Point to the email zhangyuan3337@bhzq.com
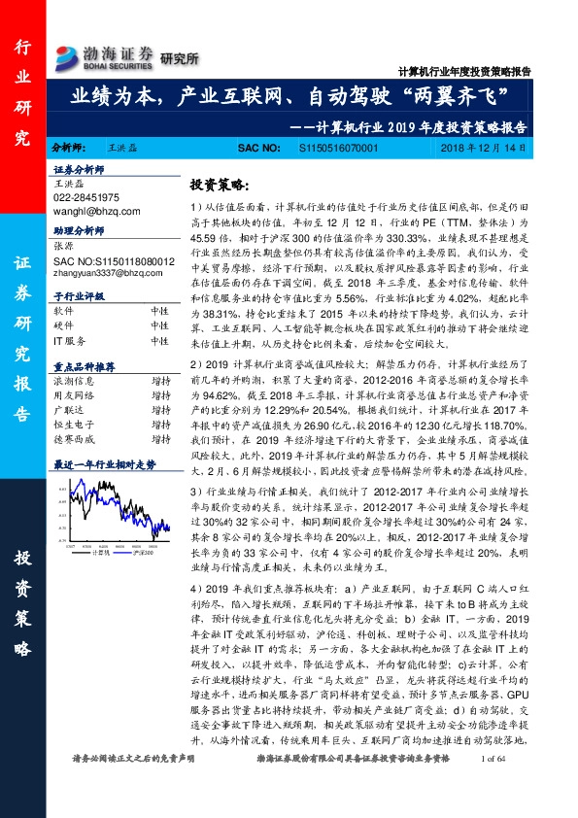(108, 271)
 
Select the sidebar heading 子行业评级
(77, 295)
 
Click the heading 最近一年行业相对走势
(104, 465)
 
